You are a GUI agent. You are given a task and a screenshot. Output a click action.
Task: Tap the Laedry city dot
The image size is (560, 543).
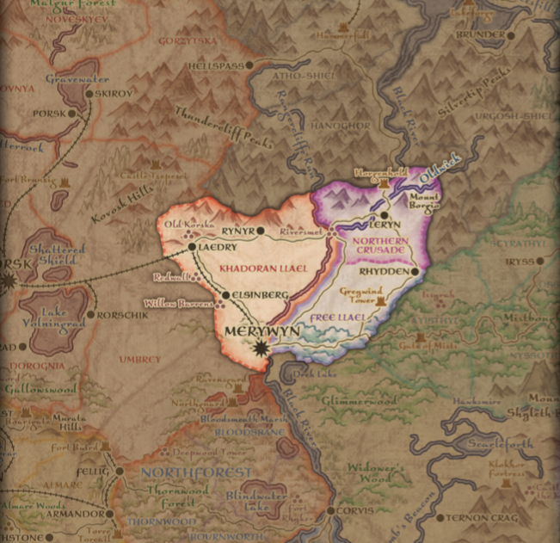click(192, 247)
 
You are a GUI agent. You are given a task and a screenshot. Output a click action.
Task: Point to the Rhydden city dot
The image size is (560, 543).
click(415, 271)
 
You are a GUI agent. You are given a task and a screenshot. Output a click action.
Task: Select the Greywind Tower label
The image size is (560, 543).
click(360, 296)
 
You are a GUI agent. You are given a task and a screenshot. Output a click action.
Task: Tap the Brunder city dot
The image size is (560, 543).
click(508, 35)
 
